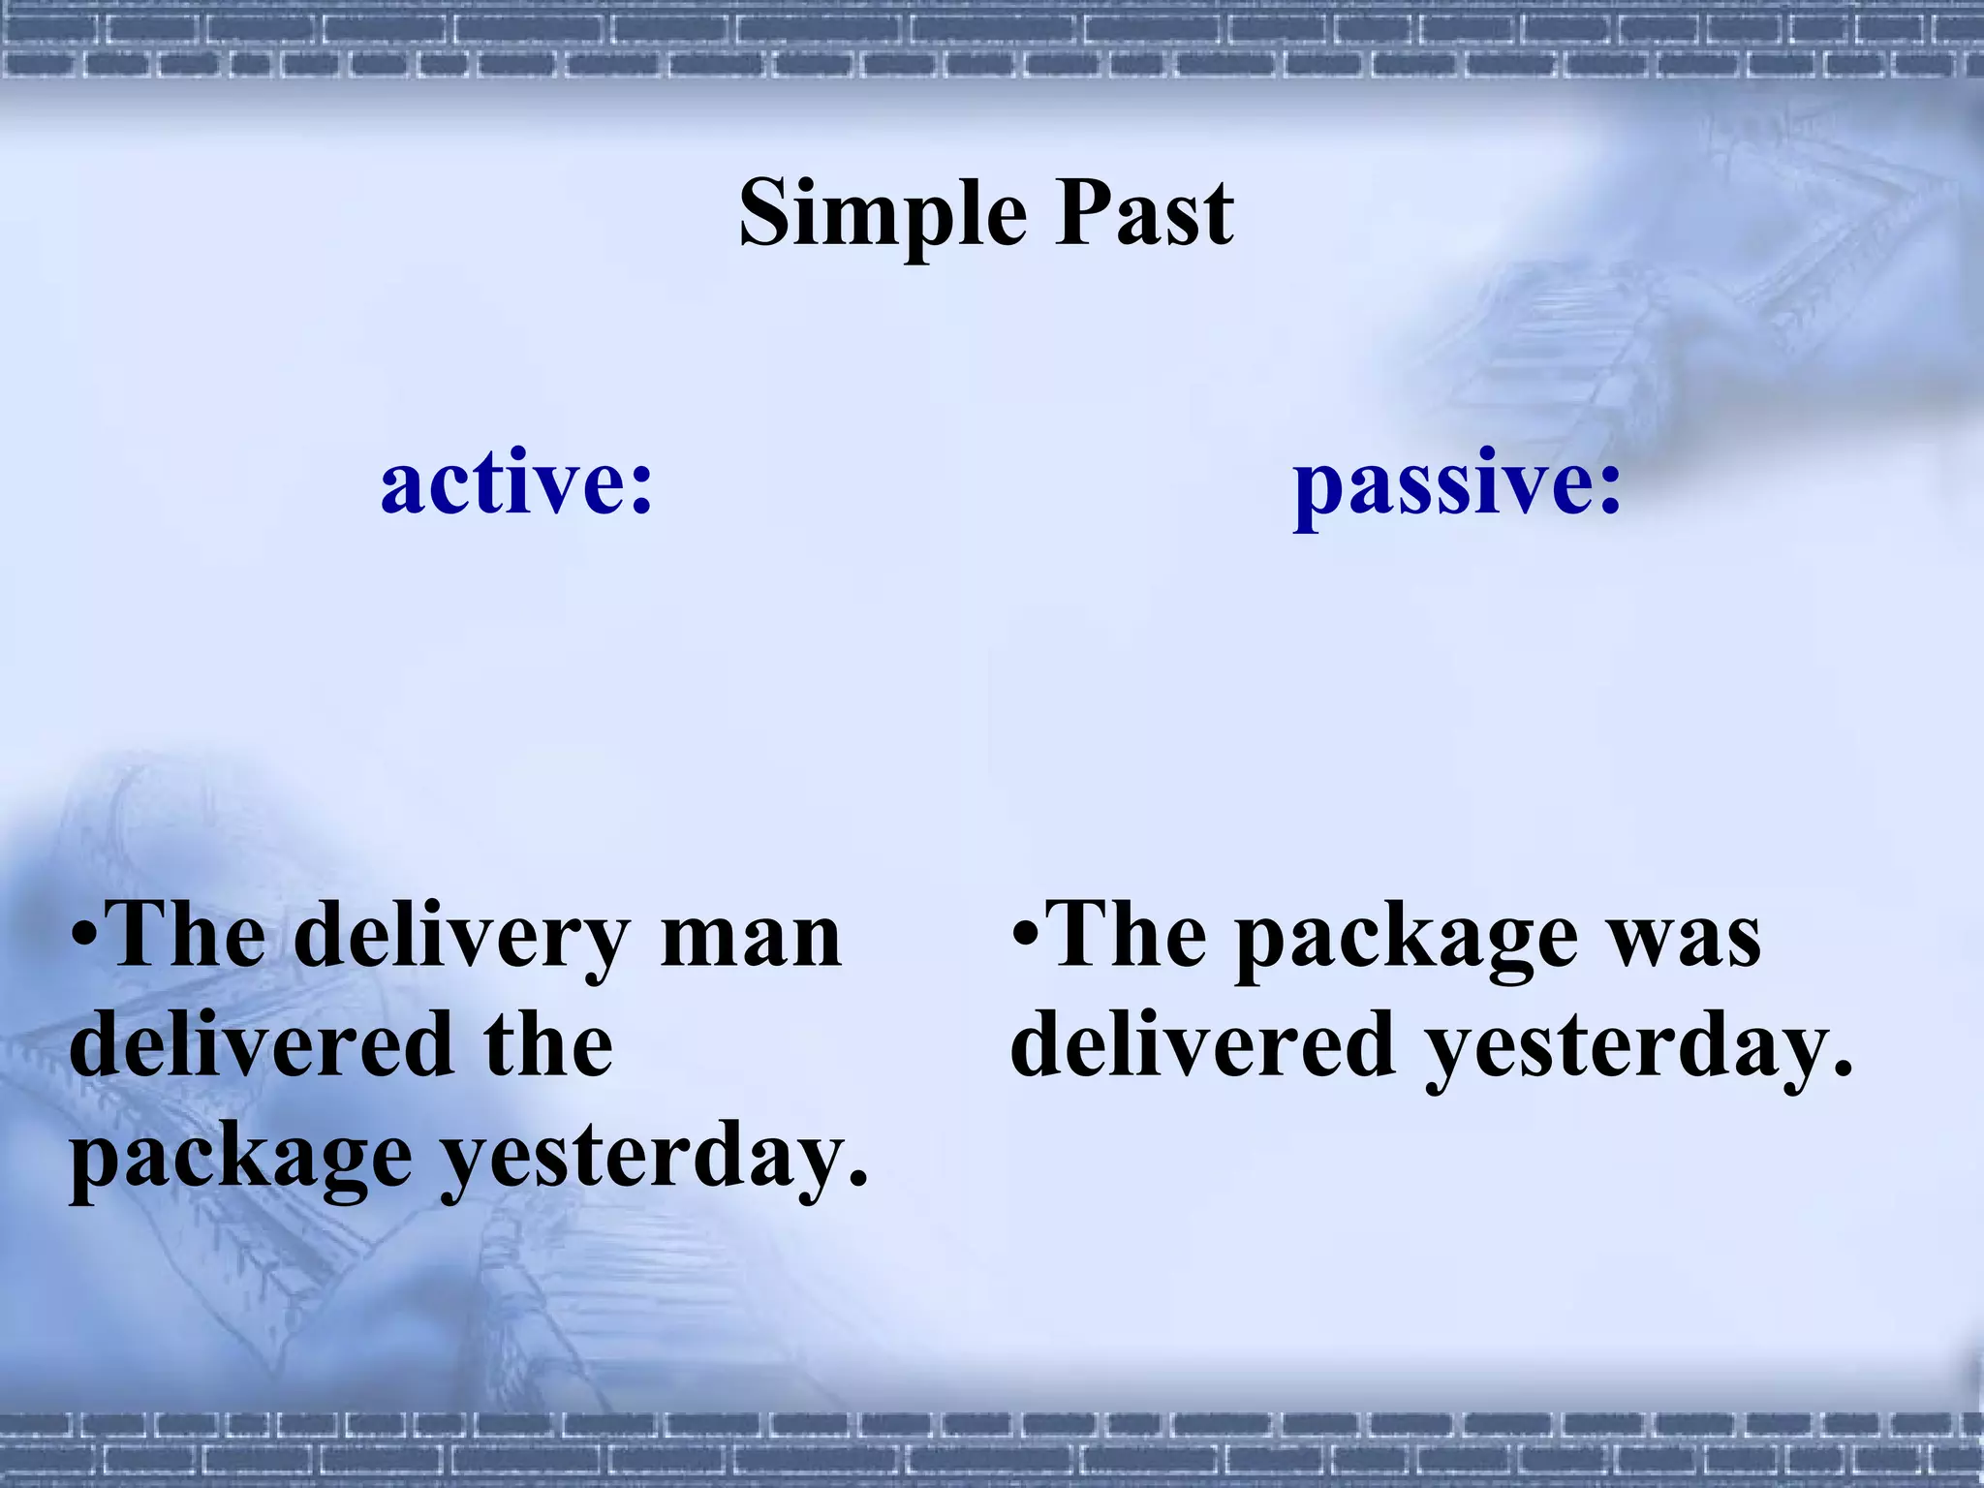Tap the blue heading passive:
tap(1456, 484)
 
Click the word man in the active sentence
tap(750, 936)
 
